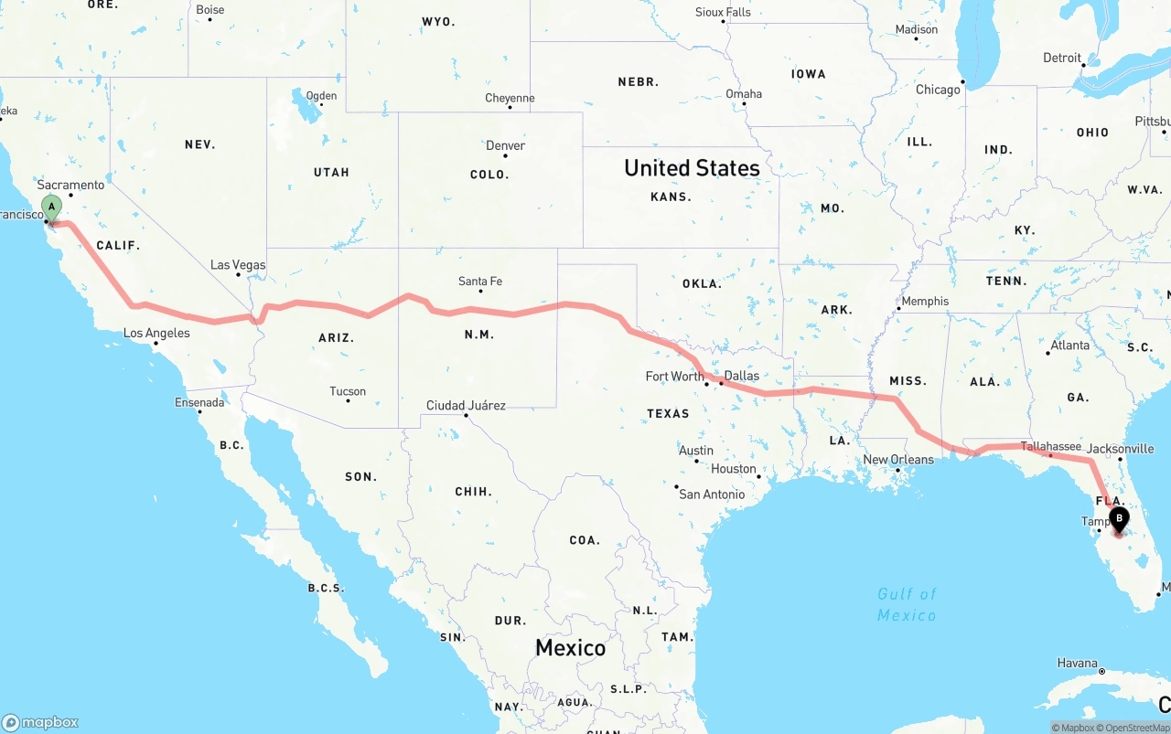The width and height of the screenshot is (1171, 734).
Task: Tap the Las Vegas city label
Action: click(238, 265)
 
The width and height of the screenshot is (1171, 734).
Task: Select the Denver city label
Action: click(506, 145)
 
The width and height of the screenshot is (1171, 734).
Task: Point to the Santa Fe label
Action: click(480, 282)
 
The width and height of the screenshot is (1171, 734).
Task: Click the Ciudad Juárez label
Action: click(466, 405)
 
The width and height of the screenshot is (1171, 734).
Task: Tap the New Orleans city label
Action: click(898, 460)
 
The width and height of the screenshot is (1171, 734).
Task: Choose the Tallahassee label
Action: click(1051, 446)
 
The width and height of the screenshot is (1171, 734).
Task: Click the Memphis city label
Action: click(925, 302)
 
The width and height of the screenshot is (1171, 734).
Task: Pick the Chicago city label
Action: click(938, 90)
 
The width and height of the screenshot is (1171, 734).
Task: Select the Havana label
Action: click(1077, 663)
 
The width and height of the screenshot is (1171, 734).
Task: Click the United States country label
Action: click(692, 168)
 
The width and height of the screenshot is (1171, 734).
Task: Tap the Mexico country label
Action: click(570, 648)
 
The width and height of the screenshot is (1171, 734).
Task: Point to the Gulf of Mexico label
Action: click(907, 604)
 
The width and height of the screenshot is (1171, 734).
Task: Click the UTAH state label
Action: click(331, 172)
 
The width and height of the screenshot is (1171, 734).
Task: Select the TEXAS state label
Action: click(668, 413)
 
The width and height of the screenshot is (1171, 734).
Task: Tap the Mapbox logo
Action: click(40, 722)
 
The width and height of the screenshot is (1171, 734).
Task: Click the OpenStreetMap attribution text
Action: click(1131, 728)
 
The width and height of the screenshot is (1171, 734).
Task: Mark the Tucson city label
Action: click(348, 391)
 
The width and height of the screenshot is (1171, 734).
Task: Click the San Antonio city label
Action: click(712, 495)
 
